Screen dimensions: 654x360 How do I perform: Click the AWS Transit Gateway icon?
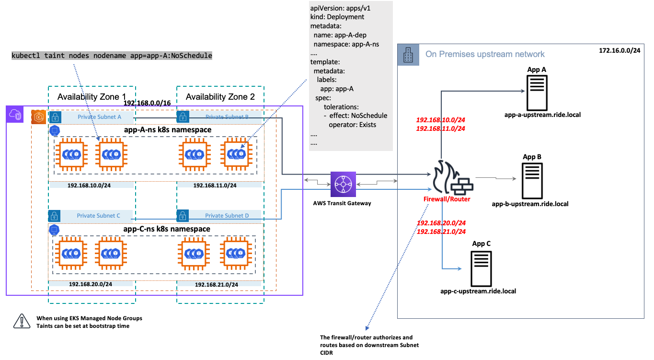pos(343,184)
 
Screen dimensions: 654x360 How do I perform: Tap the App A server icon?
pos(537,93)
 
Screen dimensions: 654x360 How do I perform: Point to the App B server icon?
pos(532,181)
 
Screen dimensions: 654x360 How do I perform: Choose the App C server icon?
pos(481,268)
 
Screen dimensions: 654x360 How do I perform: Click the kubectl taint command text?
pos(112,56)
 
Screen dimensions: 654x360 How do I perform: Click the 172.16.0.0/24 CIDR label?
pos(620,50)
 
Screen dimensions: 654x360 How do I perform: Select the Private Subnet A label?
pos(99,117)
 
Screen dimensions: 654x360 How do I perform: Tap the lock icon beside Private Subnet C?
pos(54,216)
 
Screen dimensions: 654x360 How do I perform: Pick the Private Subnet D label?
pos(227,216)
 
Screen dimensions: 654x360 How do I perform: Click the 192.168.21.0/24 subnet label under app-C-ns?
pos(217,285)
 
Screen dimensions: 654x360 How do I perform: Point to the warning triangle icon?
pos(22,322)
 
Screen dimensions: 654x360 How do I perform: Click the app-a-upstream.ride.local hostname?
pos(542,115)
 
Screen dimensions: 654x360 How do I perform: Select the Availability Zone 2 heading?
pos(220,97)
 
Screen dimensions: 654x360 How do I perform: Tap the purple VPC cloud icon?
pos(15,114)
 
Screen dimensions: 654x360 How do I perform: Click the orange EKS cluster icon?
pos(38,117)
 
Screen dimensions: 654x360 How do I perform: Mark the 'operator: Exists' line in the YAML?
pos(353,125)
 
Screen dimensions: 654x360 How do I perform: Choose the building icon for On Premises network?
pos(408,55)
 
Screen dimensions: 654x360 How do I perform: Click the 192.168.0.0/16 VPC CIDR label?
pos(147,103)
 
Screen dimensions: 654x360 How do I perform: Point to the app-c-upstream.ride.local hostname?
pos(478,291)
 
